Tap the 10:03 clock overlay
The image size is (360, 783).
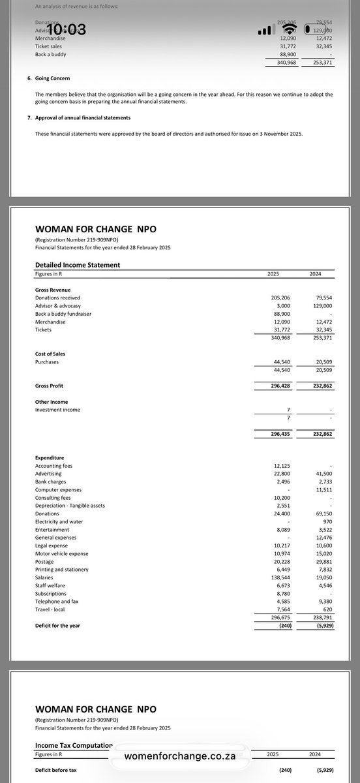pos(63,30)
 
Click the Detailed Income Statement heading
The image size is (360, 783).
pos(78,264)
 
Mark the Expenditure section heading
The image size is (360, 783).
pos(50,458)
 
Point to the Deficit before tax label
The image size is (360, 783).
pos(55,770)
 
